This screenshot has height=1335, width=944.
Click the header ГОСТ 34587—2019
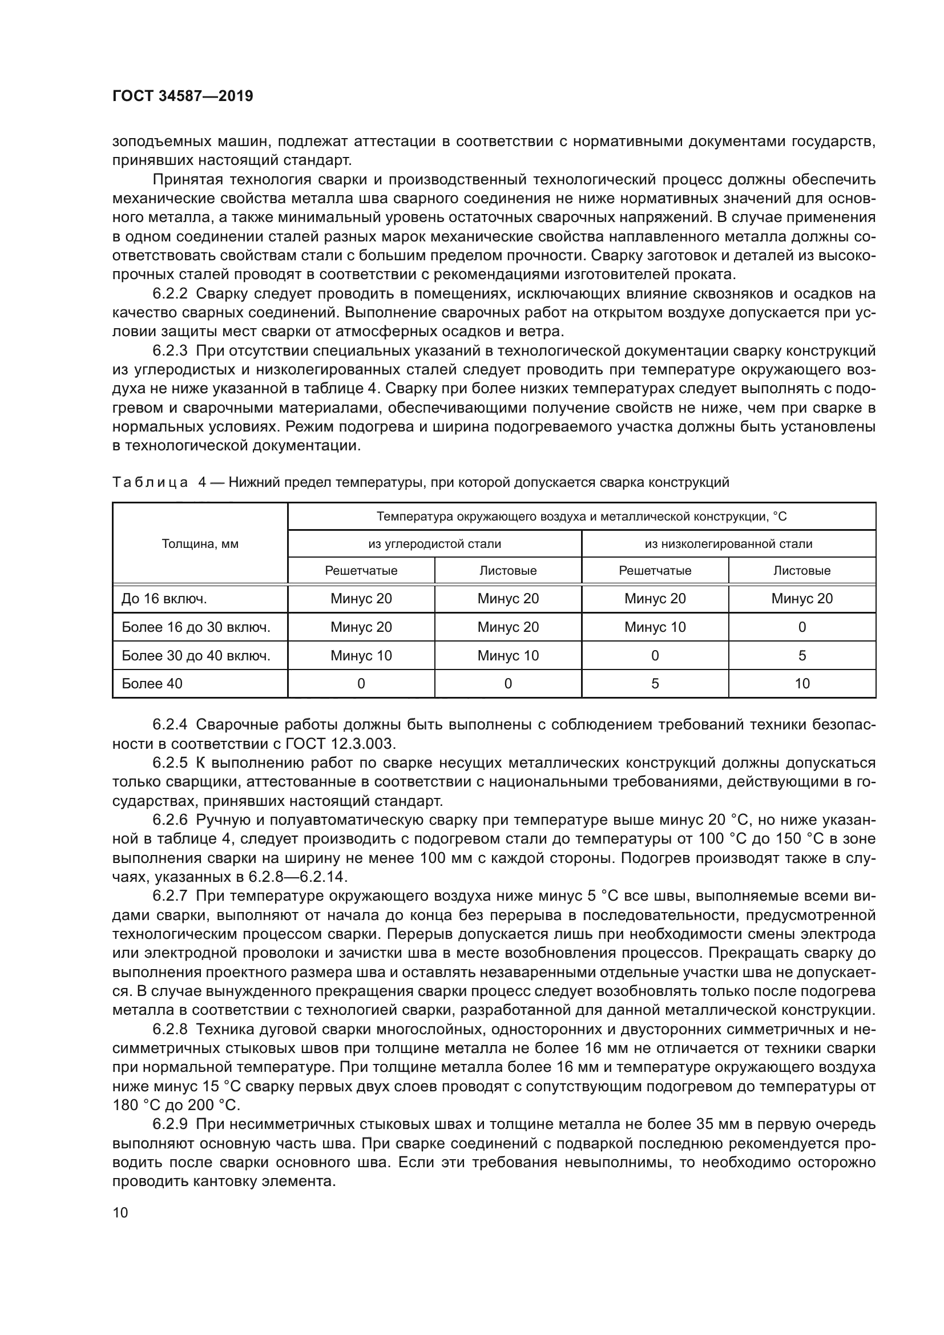183,96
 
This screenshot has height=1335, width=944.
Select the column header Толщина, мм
200,544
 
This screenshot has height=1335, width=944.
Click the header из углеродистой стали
434,544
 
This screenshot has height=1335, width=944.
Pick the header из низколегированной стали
728,544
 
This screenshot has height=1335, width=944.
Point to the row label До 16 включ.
164,598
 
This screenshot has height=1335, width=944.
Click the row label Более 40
152,683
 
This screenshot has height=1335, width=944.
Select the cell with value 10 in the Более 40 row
801,683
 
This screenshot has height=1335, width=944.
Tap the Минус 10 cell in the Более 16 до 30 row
655,627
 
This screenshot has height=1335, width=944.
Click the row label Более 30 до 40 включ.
196,655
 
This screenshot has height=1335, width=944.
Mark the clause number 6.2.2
170,293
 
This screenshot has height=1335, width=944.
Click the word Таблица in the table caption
150,482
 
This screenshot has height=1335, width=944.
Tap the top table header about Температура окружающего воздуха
581,517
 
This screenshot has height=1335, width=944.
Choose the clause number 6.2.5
170,763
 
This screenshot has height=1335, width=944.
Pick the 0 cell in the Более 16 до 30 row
801,627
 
